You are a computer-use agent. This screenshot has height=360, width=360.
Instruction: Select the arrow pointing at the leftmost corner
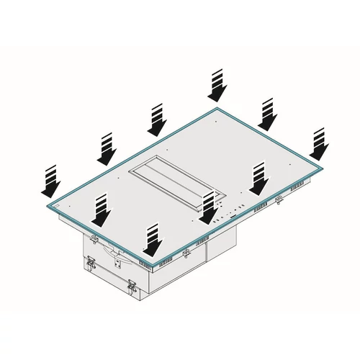[50, 181]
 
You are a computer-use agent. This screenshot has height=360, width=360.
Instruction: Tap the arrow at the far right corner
[318, 144]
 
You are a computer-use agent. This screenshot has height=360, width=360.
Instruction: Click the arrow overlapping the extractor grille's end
[208, 208]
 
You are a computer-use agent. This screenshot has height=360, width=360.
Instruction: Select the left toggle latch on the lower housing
[91, 264]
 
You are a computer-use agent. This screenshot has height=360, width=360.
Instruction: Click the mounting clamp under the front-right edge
[187, 252]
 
